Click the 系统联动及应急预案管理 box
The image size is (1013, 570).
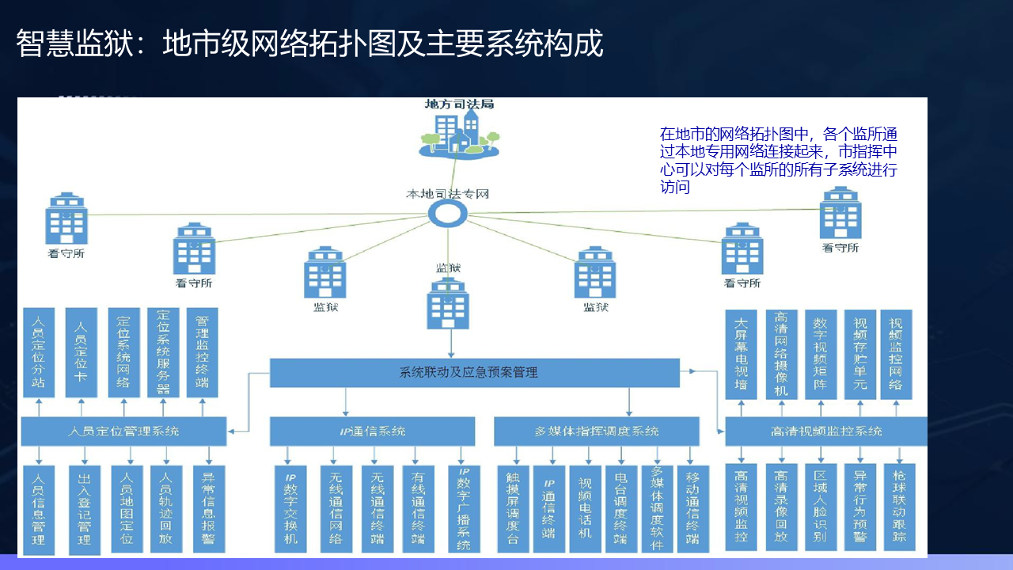(474, 372)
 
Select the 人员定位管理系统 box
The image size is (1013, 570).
(123, 431)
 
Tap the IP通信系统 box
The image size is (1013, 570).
(372, 431)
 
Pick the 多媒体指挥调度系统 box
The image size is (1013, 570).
(596, 431)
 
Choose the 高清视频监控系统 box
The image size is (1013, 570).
(825, 431)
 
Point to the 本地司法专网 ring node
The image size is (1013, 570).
(448, 213)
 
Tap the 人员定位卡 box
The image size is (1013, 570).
(81, 352)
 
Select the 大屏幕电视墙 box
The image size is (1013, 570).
(742, 354)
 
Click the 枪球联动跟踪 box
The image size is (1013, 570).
(899, 507)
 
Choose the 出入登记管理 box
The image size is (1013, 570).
(85, 509)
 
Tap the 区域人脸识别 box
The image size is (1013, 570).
(821, 507)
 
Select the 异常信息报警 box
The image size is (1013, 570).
(209, 509)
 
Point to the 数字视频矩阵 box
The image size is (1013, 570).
(821, 354)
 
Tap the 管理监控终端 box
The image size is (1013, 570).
(203, 352)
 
